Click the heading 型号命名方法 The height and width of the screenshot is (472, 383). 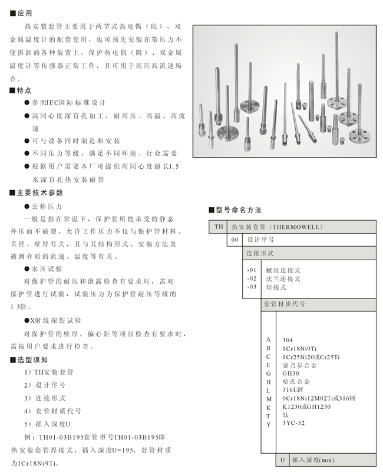[x=238, y=210]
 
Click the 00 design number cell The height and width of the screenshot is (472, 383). [x=235, y=240]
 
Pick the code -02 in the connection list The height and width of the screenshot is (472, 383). [x=252, y=278]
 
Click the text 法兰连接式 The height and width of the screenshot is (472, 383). [x=283, y=278]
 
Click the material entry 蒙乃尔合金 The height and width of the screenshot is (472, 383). [x=299, y=365]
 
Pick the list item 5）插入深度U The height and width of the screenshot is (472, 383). [x=47, y=424]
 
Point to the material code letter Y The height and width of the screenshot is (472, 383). [x=268, y=424]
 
